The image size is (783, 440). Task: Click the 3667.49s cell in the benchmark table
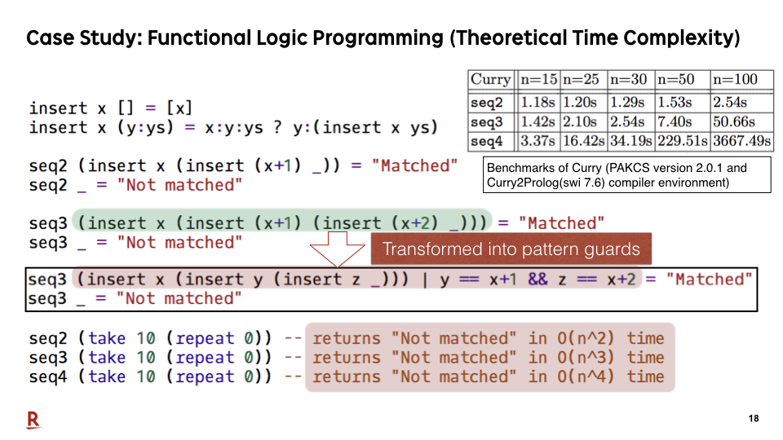coord(742,141)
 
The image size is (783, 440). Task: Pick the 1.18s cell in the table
coord(538,103)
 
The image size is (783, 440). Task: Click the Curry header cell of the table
coord(491,79)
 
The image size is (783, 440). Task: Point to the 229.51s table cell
coord(682,141)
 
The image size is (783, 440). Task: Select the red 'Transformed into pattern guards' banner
coord(511,249)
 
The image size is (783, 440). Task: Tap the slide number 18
coord(754,419)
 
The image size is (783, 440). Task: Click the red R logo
coord(33,420)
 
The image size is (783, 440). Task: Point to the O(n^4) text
coord(586,376)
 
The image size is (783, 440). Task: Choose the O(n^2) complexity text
coord(586,338)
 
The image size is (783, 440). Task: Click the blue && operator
coord(537,279)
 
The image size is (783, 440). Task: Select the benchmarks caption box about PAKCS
coord(627,175)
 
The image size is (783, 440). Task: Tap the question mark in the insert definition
coord(277,127)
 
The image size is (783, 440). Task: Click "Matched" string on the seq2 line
coord(414,165)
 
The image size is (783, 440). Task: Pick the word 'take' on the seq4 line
coord(107,376)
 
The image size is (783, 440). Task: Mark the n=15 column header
coord(538,79)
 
